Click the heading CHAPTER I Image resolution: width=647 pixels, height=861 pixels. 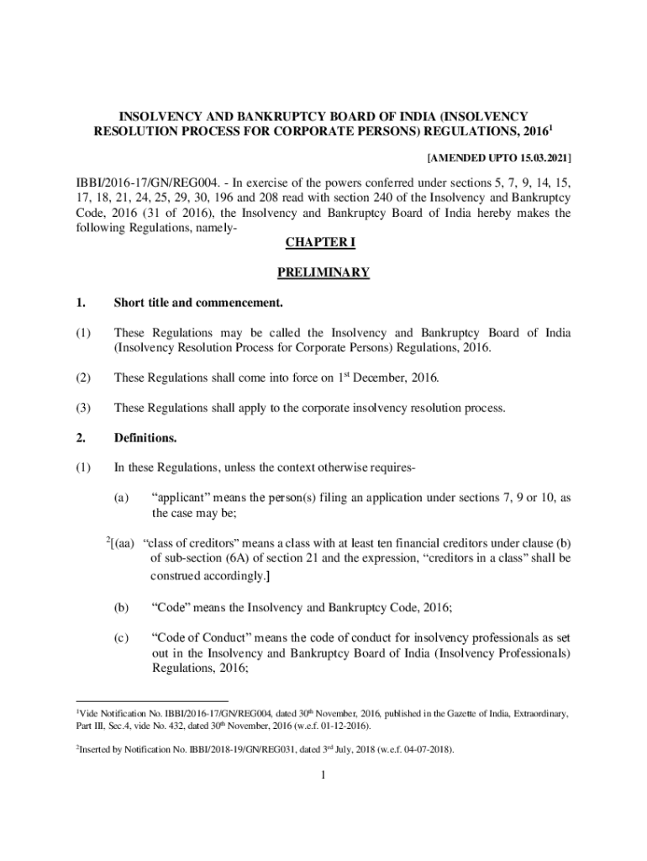[x=323, y=243]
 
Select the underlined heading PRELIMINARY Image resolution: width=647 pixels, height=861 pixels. [x=323, y=272]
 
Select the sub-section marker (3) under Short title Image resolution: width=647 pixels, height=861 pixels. [x=82, y=409]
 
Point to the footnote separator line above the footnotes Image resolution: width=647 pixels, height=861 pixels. [x=151, y=700]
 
